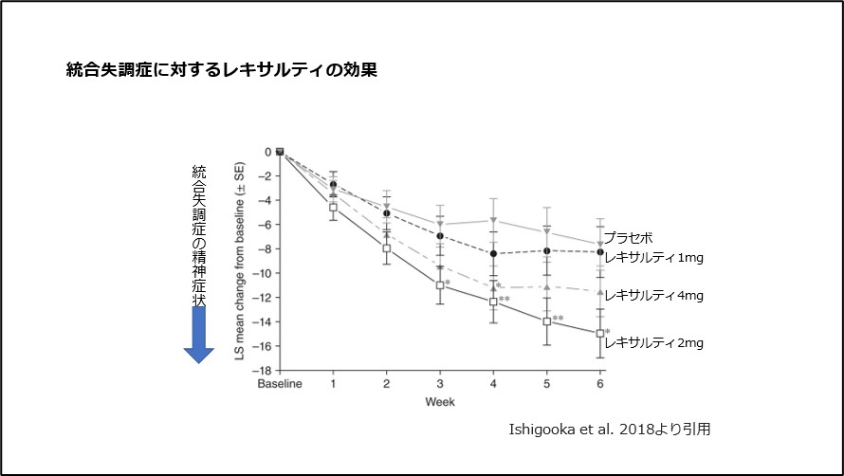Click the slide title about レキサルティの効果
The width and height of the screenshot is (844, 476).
point(222,69)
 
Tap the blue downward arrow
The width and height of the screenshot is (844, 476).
point(199,335)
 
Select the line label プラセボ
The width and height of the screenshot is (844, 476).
point(628,238)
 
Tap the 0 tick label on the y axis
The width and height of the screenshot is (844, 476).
point(268,151)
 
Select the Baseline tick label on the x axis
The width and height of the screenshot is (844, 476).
point(280,385)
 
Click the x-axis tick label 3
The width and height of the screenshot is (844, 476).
point(440,385)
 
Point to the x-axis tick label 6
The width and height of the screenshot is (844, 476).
point(599,385)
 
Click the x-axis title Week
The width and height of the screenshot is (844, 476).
point(439,402)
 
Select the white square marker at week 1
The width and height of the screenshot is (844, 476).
point(333,207)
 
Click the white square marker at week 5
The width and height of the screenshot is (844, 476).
point(546,321)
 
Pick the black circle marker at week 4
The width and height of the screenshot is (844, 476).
point(493,254)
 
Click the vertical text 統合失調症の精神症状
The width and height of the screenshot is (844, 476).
point(199,235)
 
